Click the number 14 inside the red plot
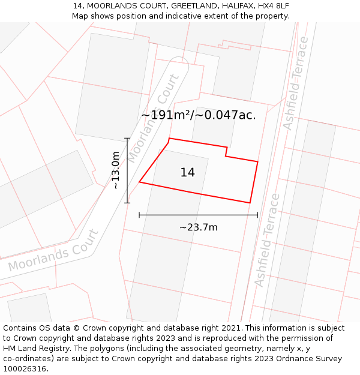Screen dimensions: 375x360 (187, 173)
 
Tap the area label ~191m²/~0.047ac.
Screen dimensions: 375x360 (199, 115)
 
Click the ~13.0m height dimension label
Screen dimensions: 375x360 (115, 170)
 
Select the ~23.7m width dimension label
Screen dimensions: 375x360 (199, 227)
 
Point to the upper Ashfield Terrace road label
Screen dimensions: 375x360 (296, 83)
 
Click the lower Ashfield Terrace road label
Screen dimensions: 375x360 (267, 240)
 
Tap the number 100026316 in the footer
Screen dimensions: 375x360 (25, 368)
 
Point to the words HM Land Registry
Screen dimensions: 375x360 (35, 348)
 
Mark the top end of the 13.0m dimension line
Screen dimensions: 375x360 (127, 139)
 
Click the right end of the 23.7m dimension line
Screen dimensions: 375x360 (257, 214)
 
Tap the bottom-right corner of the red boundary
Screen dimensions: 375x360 (250, 203)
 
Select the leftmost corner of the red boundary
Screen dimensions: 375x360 (139, 182)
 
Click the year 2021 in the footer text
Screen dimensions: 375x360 (231, 328)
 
